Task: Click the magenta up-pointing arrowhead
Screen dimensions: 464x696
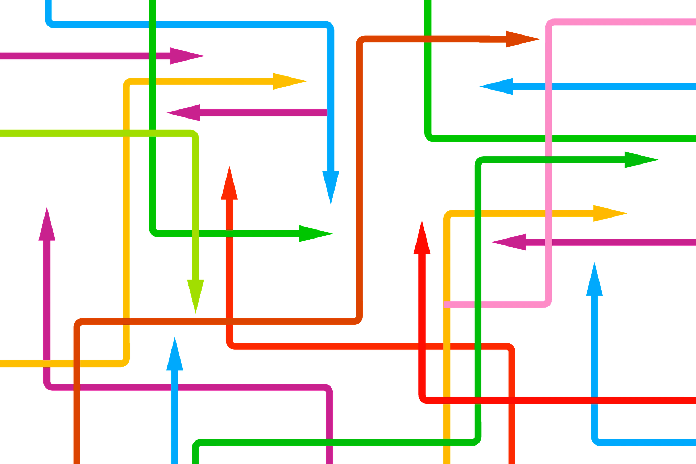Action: [x=47, y=225]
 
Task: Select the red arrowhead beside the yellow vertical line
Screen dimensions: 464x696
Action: [x=422, y=237]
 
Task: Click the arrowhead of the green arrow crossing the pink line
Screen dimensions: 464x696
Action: [x=639, y=160]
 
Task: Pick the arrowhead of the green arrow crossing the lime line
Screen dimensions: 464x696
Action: [x=314, y=234]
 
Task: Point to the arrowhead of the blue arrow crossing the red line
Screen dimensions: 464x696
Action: [x=594, y=281]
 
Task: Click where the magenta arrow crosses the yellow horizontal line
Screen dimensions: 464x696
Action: [x=47, y=362]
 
